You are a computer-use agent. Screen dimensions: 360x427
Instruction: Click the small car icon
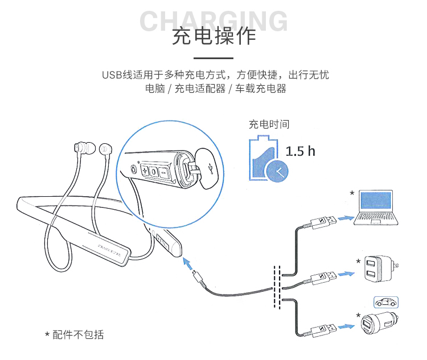click(x=386, y=302)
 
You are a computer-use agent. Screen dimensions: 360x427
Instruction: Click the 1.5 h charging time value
click(x=300, y=151)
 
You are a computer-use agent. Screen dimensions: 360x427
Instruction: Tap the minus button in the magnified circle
click(x=163, y=171)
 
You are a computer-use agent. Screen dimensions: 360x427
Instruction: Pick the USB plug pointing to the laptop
click(x=323, y=221)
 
